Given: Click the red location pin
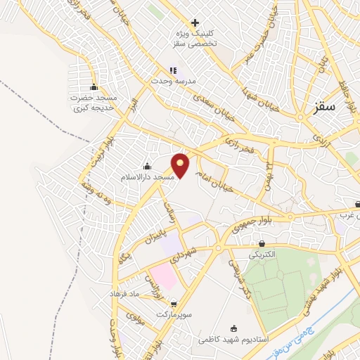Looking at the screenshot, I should coord(181,165).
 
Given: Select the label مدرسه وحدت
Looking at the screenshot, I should coord(170,81).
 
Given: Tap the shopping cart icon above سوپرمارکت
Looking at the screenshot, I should coord(174,304).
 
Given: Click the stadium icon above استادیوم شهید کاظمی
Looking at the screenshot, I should coord(233,328).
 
